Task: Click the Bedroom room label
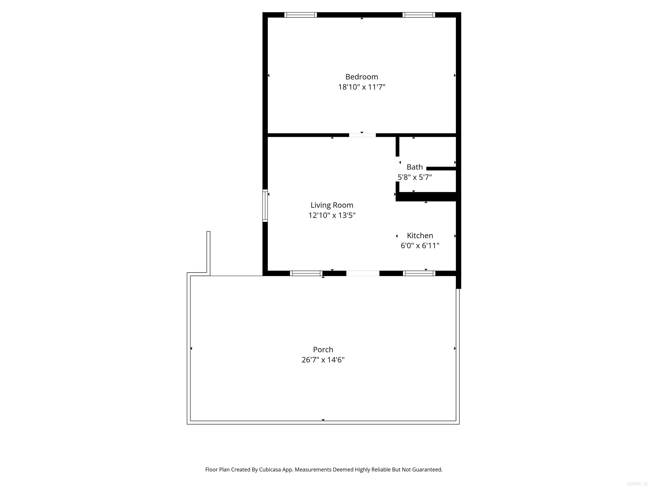click(362, 77)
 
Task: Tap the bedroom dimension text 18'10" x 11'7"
click(362, 87)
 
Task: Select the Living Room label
click(332, 205)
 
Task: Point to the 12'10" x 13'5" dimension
click(332, 215)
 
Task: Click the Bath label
click(414, 167)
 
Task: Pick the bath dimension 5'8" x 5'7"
click(414, 177)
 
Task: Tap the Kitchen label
click(420, 236)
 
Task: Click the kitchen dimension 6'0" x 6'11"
click(420, 246)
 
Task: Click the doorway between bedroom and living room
click(362, 135)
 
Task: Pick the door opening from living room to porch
click(363, 273)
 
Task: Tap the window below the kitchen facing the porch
click(419, 273)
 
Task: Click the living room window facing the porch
click(306, 273)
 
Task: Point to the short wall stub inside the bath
click(441, 169)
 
